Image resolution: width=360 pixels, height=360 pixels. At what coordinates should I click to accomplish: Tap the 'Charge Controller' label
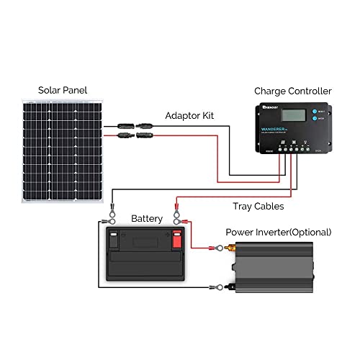(x=292, y=91)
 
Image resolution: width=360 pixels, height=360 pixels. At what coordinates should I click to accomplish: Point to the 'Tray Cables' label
(x=258, y=206)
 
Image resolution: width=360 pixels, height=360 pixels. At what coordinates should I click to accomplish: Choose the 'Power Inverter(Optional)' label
(x=278, y=232)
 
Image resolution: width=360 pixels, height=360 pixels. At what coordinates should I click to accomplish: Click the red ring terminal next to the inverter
(x=214, y=249)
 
